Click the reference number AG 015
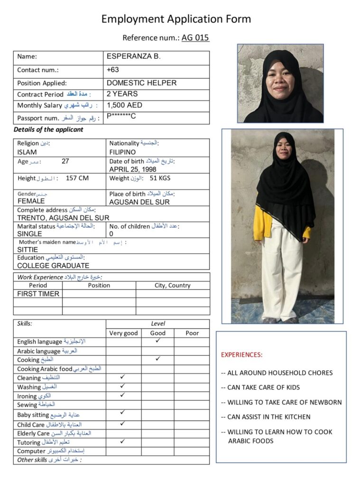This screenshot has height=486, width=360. (195, 38)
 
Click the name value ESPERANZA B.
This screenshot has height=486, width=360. (133, 56)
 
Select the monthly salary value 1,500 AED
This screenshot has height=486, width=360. (124, 105)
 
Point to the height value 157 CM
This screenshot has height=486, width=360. (77, 178)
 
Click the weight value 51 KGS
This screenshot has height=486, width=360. (160, 178)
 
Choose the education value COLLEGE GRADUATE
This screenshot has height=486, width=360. (53, 266)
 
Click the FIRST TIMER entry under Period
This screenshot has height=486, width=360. (38, 294)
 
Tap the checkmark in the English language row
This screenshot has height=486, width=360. (158, 341)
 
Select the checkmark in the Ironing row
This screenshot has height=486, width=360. (123, 395)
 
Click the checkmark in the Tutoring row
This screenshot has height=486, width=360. (123, 441)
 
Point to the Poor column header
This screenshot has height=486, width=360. (192, 333)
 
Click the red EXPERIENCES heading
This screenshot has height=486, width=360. (241, 355)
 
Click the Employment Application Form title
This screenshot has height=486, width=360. (176, 19)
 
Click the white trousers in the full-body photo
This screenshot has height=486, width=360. (282, 275)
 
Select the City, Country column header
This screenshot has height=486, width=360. (173, 285)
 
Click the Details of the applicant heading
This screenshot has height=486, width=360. (48, 130)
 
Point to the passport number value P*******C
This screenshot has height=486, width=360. (121, 117)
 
